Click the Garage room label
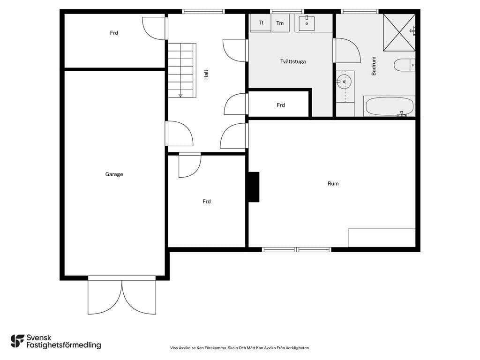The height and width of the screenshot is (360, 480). tap(114, 174)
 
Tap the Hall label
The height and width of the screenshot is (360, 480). tap(206, 75)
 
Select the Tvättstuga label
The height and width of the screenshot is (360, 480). tap(293, 61)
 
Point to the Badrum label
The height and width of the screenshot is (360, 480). tap(374, 66)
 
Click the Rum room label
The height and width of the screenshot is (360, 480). tap(333, 184)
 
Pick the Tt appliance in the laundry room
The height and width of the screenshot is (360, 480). tap(261, 22)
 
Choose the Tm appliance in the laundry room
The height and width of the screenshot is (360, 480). tap(280, 23)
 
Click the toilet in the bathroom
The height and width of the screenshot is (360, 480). tap(404, 65)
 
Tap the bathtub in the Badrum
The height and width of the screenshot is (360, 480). tap(390, 106)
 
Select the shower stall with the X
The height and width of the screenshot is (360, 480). tap(399, 32)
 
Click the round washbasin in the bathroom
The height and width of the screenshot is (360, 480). tap(344, 82)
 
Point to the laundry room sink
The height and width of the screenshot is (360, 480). tap(307, 23)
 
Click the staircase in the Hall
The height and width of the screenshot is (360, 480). tap(182, 70)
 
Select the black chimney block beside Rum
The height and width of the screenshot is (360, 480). tap(254, 187)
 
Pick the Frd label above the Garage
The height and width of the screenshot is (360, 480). tap(114, 33)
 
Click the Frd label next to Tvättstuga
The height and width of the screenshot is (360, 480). tap(281, 105)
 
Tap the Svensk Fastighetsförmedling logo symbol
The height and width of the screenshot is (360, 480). tap(17, 341)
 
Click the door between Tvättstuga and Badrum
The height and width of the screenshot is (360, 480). tap(347, 51)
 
